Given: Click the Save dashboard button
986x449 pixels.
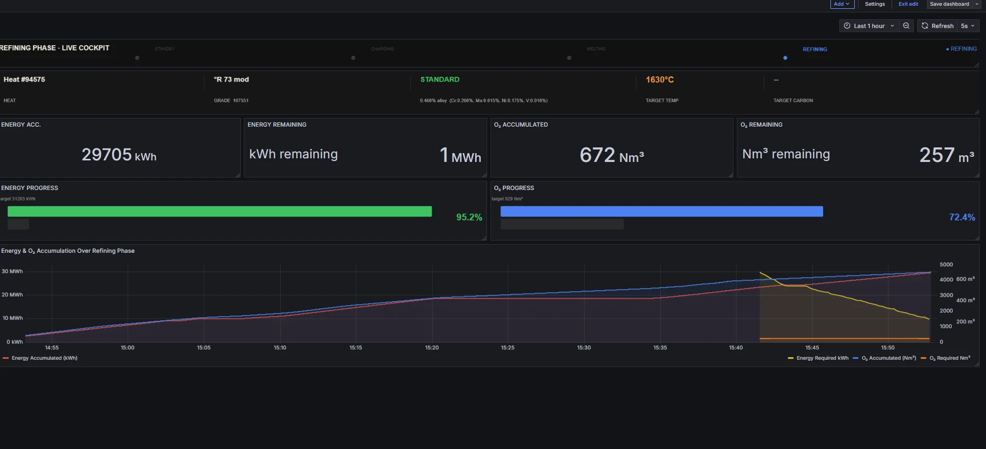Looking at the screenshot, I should [x=949, y=4].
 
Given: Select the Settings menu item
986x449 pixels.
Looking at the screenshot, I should [x=874, y=4].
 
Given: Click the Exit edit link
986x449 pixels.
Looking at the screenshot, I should [x=908, y=4].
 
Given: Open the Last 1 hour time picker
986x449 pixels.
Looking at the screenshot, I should [x=869, y=26].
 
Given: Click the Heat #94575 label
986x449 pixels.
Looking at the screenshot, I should [x=24, y=79].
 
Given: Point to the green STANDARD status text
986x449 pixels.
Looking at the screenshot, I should [x=439, y=79].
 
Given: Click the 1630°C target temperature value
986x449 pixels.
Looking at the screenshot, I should [x=659, y=79].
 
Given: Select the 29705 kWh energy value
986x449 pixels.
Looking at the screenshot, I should [x=119, y=155].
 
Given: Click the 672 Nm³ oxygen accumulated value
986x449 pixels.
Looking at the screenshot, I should [x=612, y=155].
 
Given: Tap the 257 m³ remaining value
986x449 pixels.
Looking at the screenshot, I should [x=946, y=155].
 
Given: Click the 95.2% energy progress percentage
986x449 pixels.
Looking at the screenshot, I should [x=469, y=217].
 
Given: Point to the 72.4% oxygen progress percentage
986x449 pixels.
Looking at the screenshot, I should [x=962, y=217].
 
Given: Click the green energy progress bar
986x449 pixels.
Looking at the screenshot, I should [x=219, y=211].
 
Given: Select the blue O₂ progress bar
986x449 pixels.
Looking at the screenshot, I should [x=661, y=211].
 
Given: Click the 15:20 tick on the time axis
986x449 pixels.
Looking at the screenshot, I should [x=432, y=348].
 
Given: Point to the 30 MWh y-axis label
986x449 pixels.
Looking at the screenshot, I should [x=12, y=271].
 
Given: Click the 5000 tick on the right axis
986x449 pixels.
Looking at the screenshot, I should [x=946, y=265].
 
